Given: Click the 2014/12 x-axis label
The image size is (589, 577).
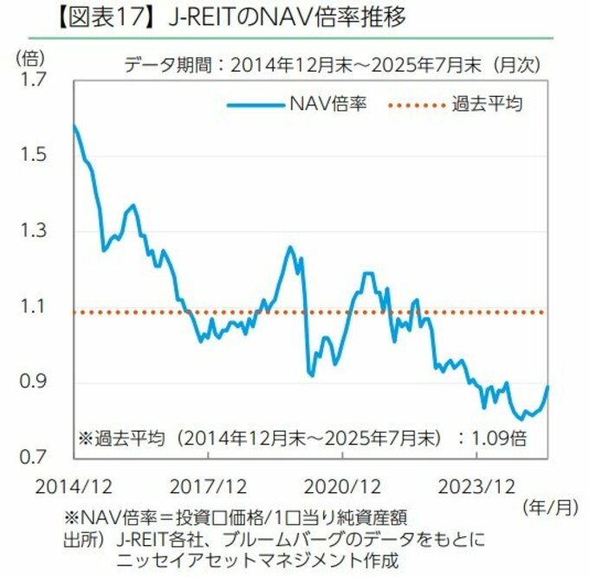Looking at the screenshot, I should [74, 483].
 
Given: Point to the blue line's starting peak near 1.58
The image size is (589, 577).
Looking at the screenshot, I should [74, 126].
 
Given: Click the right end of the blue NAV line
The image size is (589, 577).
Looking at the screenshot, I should [548, 387].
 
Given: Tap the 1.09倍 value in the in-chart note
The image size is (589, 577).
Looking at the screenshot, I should [500, 437].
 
